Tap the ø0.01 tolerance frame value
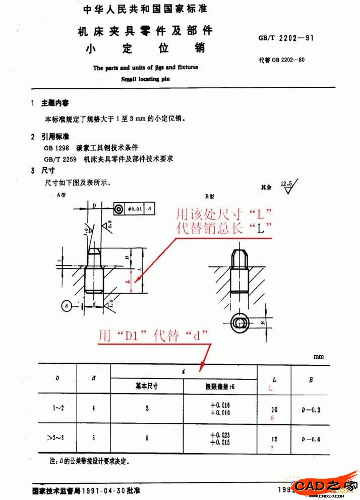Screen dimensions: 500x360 click(x=137, y=208)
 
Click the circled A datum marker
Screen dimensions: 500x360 click(x=67, y=305)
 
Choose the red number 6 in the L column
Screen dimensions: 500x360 click(x=273, y=418)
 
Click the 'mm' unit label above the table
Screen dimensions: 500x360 click(x=319, y=357)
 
